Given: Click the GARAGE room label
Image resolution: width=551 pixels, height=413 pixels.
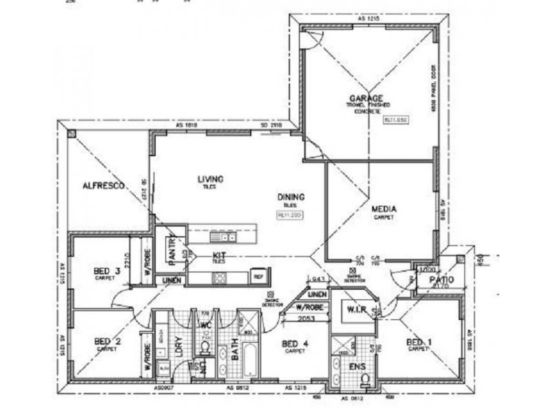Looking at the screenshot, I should (366, 98).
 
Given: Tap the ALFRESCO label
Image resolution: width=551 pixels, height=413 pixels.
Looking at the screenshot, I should (102, 185).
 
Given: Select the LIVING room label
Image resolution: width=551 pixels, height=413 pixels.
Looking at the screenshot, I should (211, 179).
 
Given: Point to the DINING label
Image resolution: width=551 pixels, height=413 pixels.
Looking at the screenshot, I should (291, 197).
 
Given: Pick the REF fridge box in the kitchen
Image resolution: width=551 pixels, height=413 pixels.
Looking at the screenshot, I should (258, 276).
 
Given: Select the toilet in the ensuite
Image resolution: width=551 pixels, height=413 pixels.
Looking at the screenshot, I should (366, 378).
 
